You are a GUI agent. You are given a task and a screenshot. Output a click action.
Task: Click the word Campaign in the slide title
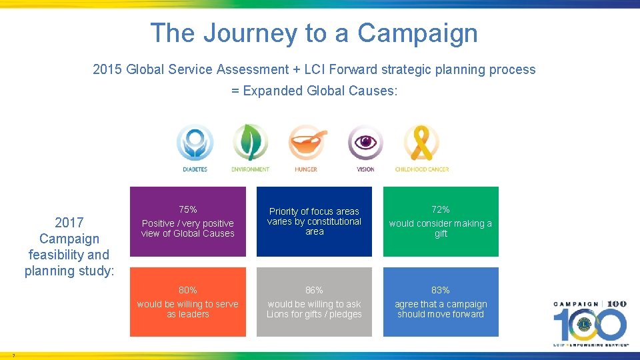tap(417, 33)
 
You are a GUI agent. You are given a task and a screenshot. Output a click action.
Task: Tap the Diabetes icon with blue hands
tap(195, 143)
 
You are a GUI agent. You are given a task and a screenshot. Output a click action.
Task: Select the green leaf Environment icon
tap(251, 143)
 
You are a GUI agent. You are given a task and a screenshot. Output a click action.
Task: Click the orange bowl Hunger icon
tap(307, 143)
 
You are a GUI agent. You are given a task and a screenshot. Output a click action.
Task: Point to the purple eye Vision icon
tap(365, 143)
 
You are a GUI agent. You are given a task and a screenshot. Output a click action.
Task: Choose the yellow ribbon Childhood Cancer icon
tap(421, 143)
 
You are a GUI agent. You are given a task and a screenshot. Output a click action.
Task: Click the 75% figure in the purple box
tap(188, 209)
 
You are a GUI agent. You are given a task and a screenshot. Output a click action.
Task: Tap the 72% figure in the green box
tap(441, 209)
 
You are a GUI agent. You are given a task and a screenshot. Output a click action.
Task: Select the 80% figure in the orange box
tap(188, 290)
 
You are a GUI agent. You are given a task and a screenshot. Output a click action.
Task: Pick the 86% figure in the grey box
tap(314, 290)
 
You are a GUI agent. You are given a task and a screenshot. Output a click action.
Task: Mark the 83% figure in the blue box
tap(441, 290)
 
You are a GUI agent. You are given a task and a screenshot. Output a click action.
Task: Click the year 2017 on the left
tap(69, 223)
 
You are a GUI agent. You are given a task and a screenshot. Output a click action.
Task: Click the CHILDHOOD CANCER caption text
tap(421, 170)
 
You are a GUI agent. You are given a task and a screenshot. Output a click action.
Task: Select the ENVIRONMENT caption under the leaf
tap(251, 170)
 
